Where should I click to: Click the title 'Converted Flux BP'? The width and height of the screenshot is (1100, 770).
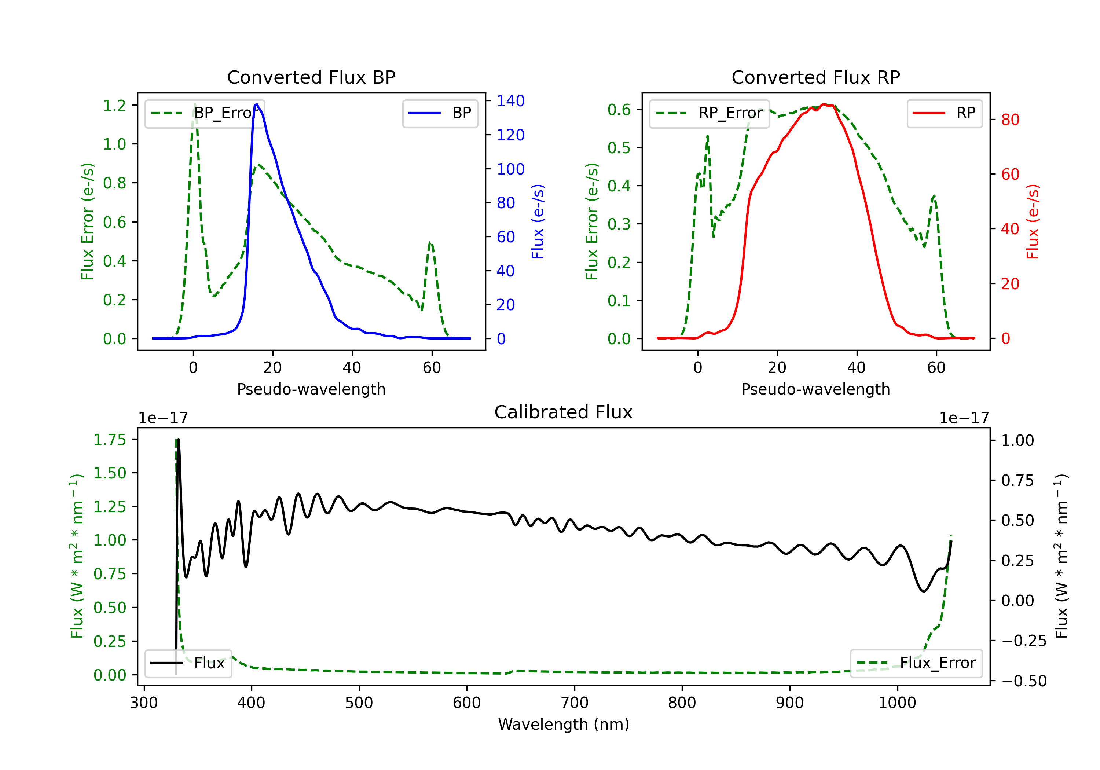(x=311, y=77)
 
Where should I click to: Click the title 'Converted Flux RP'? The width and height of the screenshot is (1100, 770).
(x=815, y=77)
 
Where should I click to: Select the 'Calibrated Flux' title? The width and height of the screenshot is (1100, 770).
(x=564, y=412)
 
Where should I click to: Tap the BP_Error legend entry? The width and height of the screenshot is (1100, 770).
(x=205, y=113)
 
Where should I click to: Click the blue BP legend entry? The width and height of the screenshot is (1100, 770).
(x=440, y=113)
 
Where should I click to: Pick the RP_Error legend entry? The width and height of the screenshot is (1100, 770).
(x=709, y=113)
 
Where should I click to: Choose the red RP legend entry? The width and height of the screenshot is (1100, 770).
(x=944, y=113)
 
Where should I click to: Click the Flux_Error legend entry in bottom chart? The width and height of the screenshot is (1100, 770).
(x=916, y=663)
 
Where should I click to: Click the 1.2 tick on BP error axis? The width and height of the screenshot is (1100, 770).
(x=114, y=105)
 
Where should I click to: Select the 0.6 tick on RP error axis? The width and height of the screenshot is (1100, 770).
(x=619, y=109)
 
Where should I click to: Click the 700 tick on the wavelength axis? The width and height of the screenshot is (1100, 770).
(x=575, y=703)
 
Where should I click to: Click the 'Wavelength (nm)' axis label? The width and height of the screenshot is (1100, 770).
(x=564, y=724)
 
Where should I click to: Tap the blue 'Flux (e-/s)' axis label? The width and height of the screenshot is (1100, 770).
(x=538, y=221)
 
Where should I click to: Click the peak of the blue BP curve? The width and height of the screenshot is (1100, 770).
(x=257, y=104)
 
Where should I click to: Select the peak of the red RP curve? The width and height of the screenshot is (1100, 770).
(x=824, y=104)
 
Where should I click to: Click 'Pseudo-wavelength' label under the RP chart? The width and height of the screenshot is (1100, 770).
(x=815, y=389)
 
